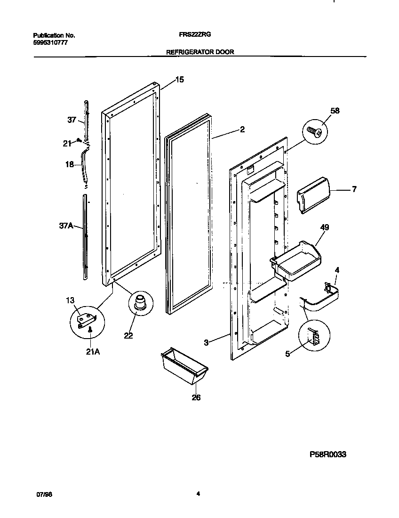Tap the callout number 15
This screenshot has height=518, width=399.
coord(179,80)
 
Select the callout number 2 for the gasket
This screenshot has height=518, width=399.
coord(242,129)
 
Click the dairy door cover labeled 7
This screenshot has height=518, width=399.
coord(312,194)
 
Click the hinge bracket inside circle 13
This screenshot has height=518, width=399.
coord(87,320)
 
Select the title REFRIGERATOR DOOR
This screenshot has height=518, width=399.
coord(200,53)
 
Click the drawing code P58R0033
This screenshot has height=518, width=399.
coord(328,455)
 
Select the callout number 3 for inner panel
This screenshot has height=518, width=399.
coord(206,343)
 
